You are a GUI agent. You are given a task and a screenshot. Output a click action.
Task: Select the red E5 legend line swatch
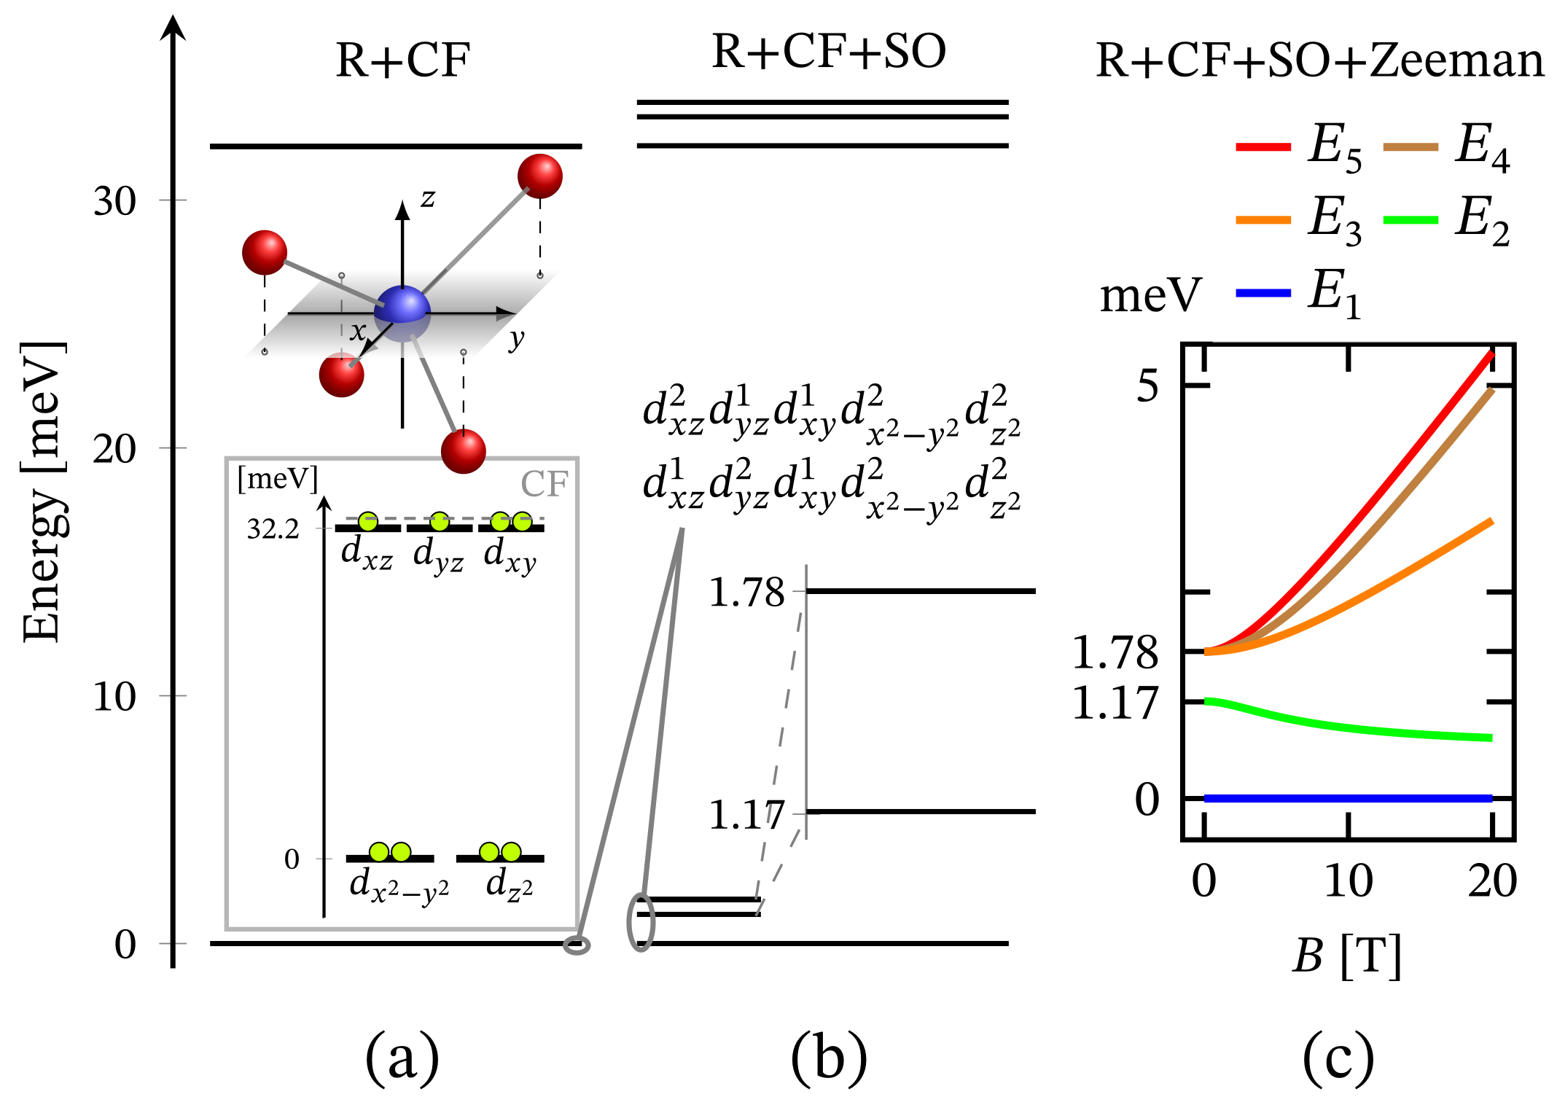1263,147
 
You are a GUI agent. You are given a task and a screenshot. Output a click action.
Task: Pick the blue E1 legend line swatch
1263,293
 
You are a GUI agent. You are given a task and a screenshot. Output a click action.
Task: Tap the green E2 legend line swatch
1410,220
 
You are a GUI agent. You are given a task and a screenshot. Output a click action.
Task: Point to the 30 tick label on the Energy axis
114,201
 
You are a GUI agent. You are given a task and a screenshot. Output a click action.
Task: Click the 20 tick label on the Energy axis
114,449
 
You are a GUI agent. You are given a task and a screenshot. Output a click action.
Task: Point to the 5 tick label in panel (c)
1147,386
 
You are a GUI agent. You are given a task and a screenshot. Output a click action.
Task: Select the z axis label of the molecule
428,198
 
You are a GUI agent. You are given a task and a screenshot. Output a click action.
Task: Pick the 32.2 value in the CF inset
273,530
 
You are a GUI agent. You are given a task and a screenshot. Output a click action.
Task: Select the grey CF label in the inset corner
544,484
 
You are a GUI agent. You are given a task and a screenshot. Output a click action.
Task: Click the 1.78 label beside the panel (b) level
746,592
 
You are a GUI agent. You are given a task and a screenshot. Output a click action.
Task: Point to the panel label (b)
829,1058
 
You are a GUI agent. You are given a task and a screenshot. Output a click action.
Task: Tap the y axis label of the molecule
516,340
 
